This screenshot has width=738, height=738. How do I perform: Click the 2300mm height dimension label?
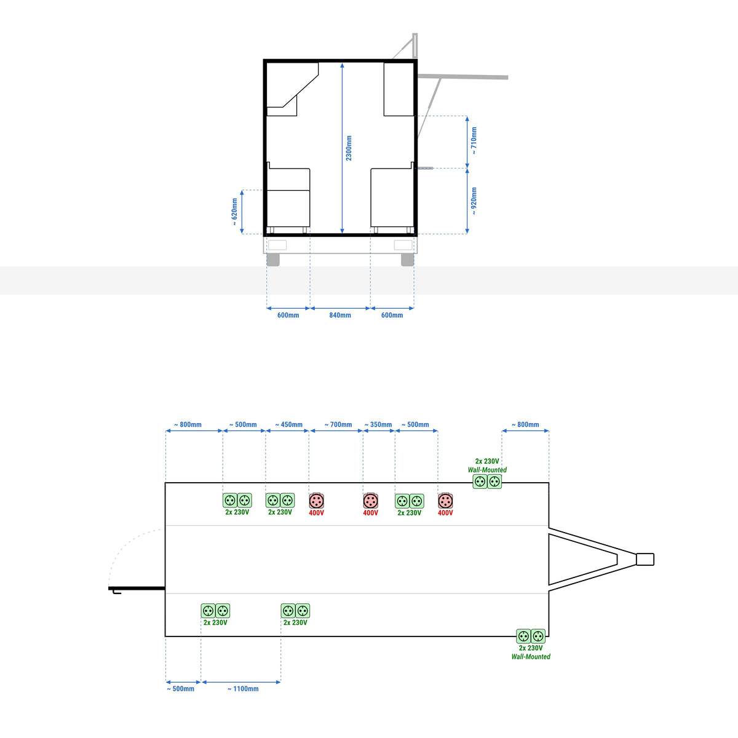click(349, 148)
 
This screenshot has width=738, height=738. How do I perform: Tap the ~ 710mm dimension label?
click(474, 141)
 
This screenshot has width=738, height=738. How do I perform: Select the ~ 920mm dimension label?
click(474, 200)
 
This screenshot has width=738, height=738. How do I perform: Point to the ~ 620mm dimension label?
click(234, 212)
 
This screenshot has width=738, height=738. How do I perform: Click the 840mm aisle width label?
click(340, 315)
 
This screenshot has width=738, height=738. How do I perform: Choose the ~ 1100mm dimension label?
click(243, 689)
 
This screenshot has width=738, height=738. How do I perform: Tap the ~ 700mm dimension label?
click(338, 424)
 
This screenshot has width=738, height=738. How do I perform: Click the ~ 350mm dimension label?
click(378, 424)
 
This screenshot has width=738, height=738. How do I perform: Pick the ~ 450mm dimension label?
click(289, 424)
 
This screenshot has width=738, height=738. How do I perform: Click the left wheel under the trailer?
click(273, 260)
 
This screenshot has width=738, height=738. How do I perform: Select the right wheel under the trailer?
click(408, 260)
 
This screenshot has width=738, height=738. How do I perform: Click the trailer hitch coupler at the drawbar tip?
click(645, 559)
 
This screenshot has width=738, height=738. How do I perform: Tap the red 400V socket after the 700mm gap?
click(370, 501)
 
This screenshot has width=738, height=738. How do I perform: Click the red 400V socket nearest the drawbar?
click(445, 501)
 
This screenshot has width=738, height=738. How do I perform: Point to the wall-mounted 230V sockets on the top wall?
click(487, 482)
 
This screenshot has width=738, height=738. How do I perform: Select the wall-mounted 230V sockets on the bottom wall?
click(531, 636)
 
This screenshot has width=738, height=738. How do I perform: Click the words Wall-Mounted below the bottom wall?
click(531, 657)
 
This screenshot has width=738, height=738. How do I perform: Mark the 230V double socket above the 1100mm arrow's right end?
click(295, 611)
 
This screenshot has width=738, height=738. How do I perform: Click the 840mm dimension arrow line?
click(340, 308)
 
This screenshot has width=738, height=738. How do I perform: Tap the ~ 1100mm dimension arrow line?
click(241, 682)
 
